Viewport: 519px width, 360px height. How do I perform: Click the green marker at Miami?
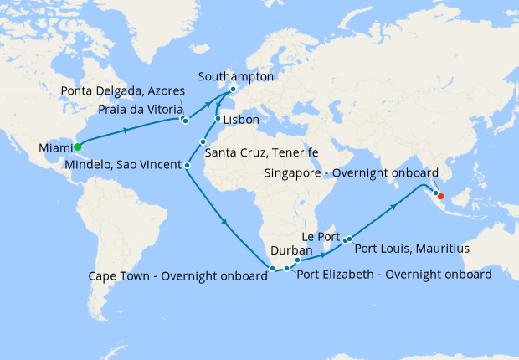coord(77,147)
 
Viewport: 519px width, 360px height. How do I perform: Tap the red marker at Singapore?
coord(441,198)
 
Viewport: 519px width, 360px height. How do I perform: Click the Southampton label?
coord(236,76)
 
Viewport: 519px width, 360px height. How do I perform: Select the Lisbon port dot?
coord(218,119)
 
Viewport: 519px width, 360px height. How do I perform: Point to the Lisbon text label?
coord(240,121)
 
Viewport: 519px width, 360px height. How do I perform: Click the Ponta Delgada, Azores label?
coord(123,90)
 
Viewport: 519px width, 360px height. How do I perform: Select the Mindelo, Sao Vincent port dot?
coord(187,165)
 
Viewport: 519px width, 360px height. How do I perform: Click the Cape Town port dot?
coord(272,269)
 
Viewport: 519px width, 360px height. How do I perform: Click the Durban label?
coord(290,250)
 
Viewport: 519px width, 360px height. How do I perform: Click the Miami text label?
coord(55,149)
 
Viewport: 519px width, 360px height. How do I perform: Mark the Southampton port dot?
coord(233,90)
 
